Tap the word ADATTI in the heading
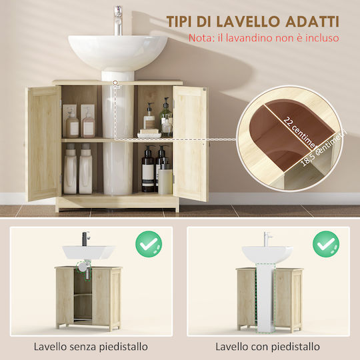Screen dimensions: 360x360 [312, 22]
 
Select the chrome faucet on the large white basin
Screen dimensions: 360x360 [118, 21]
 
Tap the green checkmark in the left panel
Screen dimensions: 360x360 [149, 244]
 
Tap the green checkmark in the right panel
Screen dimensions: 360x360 [326, 244]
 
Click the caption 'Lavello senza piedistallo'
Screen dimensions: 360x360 [91, 347]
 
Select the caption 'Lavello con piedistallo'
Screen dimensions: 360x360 [267, 347]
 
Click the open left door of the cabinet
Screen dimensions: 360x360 [44, 143]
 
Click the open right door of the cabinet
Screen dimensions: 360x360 [190, 143]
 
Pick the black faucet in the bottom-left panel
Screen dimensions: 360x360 [85, 239]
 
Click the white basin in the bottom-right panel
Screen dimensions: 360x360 [267, 255]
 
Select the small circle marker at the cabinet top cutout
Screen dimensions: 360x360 [115, 82]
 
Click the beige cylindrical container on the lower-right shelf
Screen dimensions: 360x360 [165, 181]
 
